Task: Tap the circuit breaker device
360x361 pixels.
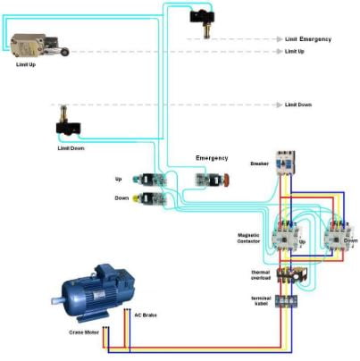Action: pyautogui.click(x=285, y=163)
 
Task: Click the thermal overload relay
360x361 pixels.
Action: pyautogui.click(x=292, y=274)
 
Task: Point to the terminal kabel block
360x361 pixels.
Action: pyautogui.click(x=286, y=300)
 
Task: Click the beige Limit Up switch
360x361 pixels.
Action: pyautogui.click(x=38, y=45)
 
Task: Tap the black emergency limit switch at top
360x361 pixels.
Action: pyautogui.click(x=203, y=22)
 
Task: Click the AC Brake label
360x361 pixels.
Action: pyautogui.click(x=146, y=315)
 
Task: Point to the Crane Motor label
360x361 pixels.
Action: pyautogui.click(x=84, y=332)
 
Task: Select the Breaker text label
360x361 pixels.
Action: pyautogui.click(x=259, y=164)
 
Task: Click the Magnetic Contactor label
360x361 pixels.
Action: pyautogui.click(x=248, y=239)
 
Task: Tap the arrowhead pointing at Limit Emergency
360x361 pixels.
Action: pyautogui.click(x=279, y=39)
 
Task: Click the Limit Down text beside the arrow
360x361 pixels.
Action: pyautogui.click(x=298, y=105)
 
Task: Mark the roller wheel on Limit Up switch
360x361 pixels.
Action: pyautogui.click(x=65, y=53)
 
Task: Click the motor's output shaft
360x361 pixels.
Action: pyautogui.click(x=56, y=300)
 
